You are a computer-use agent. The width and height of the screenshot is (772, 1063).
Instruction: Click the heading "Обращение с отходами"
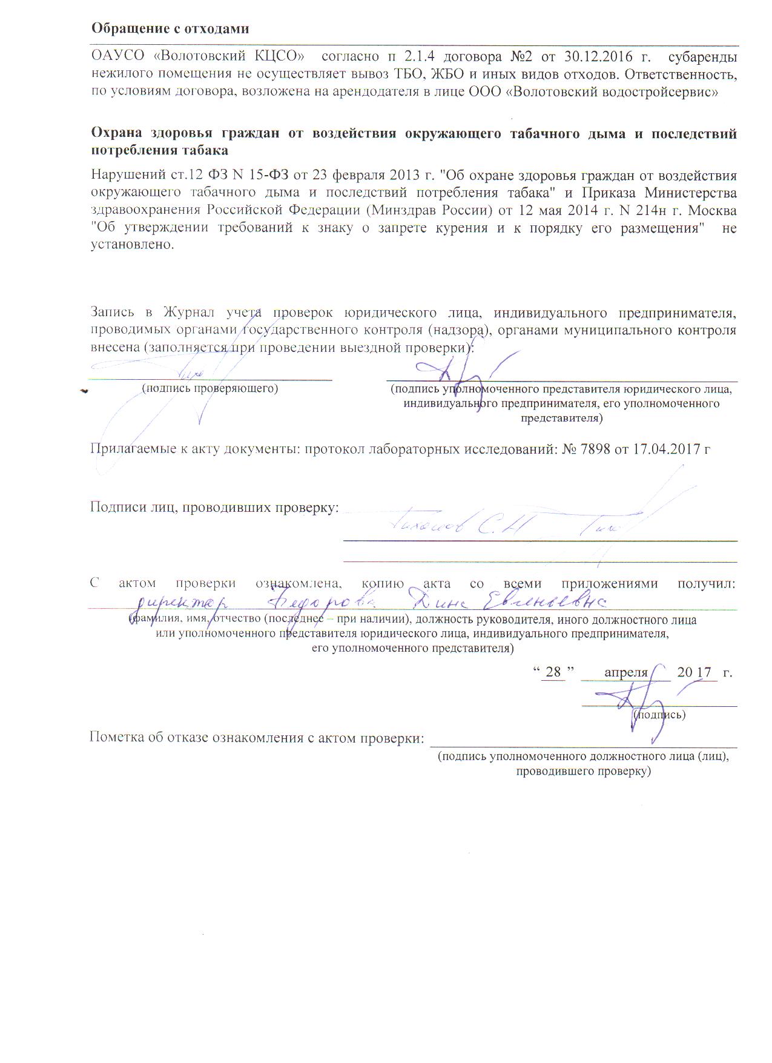point(170,28)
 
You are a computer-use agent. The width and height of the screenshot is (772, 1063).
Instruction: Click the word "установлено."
point(132,247)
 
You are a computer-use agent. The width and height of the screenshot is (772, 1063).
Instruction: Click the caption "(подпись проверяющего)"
point(209,388)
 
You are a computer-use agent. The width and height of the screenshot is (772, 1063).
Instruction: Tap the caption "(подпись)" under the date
point(659,715)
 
